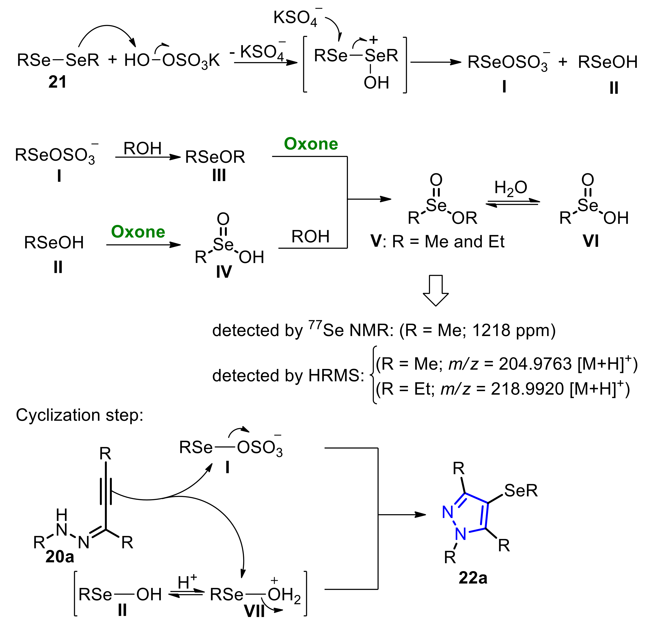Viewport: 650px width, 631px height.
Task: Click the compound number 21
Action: pos(57,82)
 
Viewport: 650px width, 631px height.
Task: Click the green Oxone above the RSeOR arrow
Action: pos(311,144)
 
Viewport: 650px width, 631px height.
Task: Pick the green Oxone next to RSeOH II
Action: pos(138,232)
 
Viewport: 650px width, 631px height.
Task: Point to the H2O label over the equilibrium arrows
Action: pos(510,188)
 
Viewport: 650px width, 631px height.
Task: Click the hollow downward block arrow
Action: pos(436,290)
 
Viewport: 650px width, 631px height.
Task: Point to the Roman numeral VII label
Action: pos(254,611)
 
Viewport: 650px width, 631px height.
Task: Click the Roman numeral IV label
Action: pos(224,272)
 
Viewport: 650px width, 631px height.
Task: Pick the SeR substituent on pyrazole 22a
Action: pos(521,490)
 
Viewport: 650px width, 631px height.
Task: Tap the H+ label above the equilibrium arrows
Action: pos(187,582)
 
